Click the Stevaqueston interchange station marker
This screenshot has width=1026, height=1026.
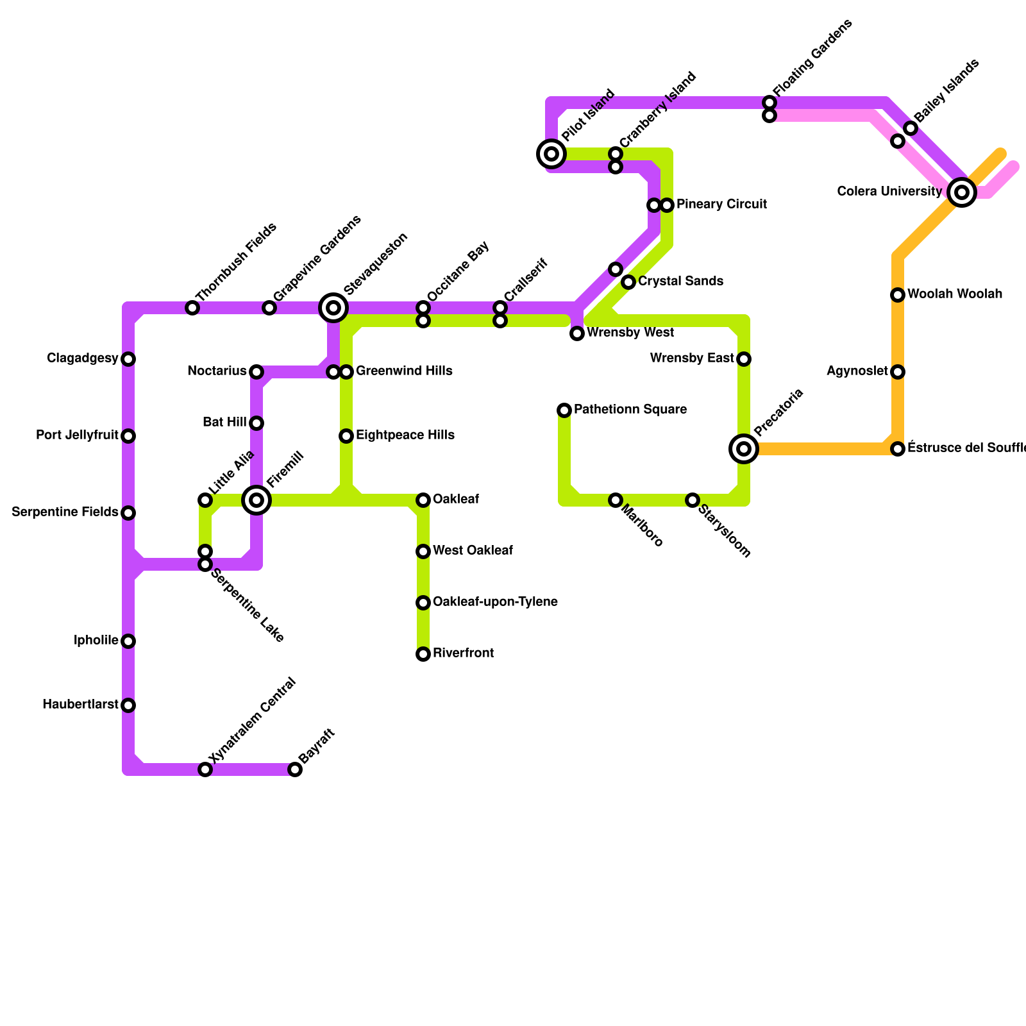[333, 308]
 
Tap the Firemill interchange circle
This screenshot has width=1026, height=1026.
[256, 500]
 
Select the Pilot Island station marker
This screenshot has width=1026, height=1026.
[551, 154]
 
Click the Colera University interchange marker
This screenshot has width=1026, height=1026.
[961, 192]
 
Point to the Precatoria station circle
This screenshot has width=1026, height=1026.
[744, 449]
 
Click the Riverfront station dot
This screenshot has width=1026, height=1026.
[423, 654]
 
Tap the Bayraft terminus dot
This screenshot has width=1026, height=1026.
[295, 769]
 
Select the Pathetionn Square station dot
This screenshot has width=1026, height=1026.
[564, 410]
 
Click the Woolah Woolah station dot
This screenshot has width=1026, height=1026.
[898, 295]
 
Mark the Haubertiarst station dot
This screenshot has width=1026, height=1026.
[128, 705]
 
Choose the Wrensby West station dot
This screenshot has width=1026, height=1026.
[577, 333]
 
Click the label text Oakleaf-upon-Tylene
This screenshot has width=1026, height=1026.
[495, 602]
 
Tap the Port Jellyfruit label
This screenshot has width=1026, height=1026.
[78, 435]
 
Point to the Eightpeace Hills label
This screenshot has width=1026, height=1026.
[405, 435]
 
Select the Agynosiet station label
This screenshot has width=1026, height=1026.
[857, 371]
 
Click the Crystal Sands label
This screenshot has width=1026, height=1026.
[680, 282]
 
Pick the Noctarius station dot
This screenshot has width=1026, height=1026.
[256, 372]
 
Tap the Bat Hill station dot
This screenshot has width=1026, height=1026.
[256, 423]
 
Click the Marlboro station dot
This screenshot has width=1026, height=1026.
[616, 500]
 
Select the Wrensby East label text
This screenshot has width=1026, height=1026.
[692, 358]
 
